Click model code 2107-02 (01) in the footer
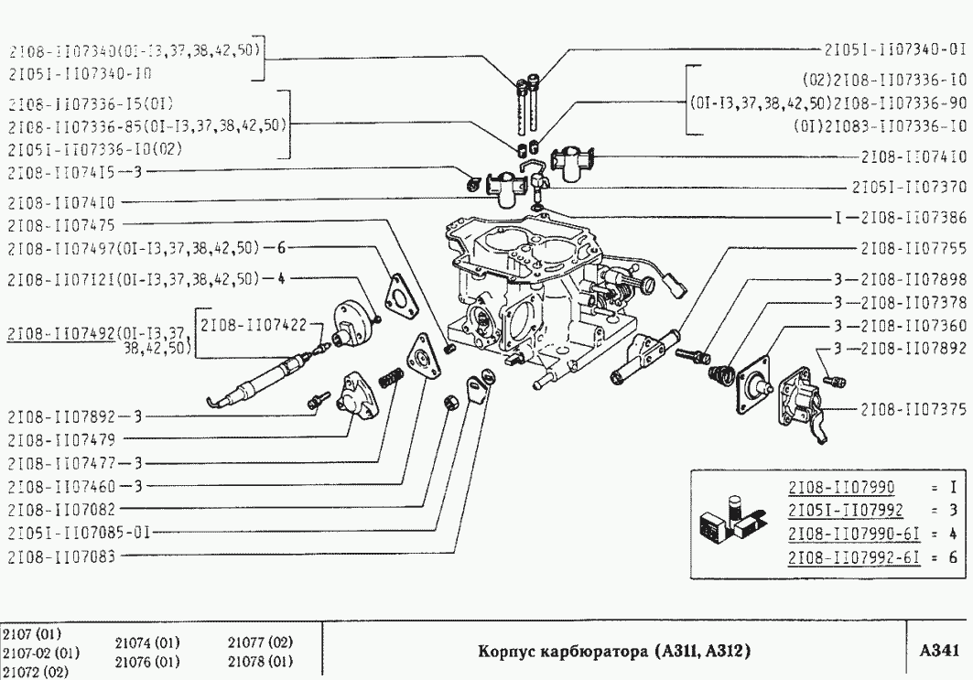click(41, 653)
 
